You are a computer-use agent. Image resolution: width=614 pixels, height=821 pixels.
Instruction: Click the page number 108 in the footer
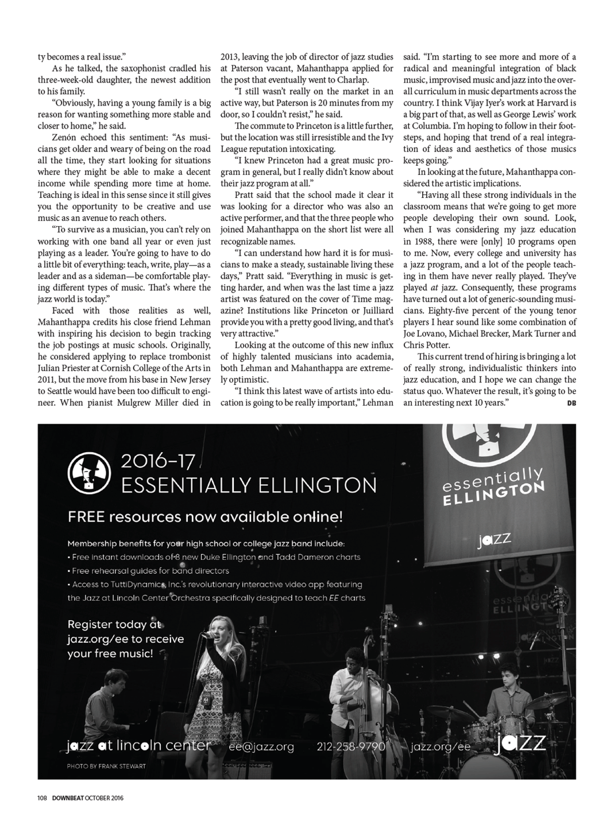coord(42,797)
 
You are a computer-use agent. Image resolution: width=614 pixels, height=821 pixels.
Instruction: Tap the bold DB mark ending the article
coord(571,403)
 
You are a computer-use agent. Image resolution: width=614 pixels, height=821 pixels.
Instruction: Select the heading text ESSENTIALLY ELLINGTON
coord(249,485)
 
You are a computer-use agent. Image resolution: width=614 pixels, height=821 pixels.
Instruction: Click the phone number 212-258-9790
coord(350,746)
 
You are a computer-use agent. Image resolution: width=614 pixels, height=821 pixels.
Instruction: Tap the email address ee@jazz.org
coord(261,746)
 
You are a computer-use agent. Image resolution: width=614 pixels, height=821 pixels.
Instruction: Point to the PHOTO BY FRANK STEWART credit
coord(106,766)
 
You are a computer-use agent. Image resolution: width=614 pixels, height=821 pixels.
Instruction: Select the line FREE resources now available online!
coord(205,517)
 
